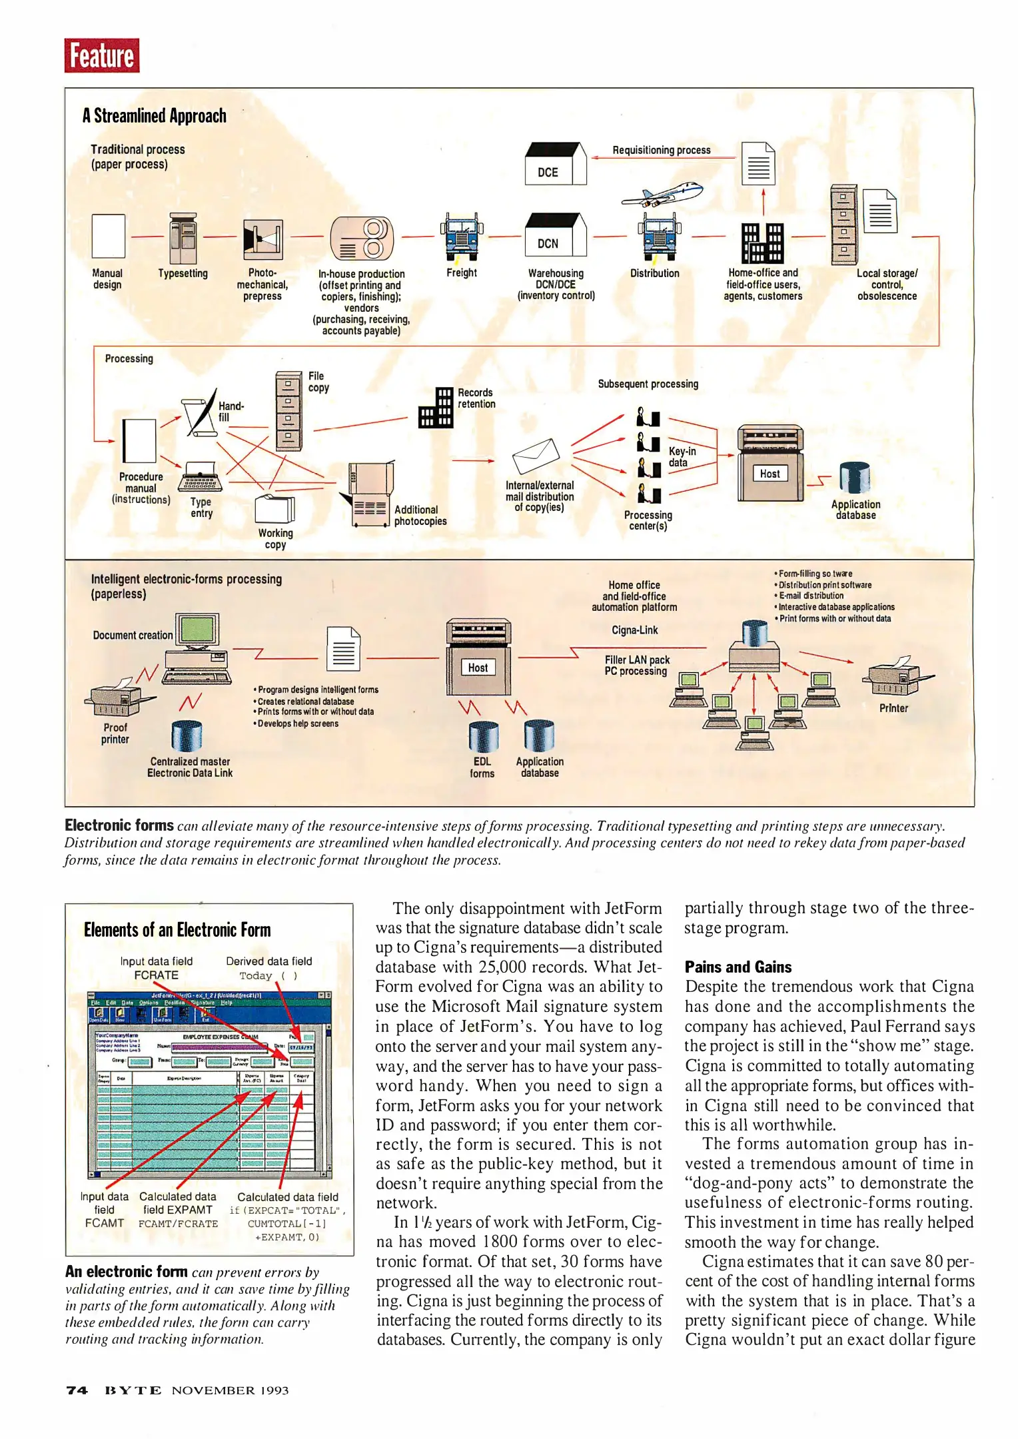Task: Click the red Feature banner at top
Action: tap(102, 55)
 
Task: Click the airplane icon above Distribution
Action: tap(662, 195)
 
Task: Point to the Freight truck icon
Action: tap(462, 237)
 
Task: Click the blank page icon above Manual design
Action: tap(108, 236)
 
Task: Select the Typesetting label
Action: tap(183, 274)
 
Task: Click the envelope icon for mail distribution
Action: tap(536, 456)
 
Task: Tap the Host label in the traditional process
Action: tap(769, 474)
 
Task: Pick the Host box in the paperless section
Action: tap(478, 668)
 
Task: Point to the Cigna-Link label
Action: tap(634, 630)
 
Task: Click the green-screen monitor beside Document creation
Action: tap(196, 630)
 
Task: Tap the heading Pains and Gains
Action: tap(738, 967)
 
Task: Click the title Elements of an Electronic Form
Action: tap(177, 930)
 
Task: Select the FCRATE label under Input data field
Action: tap(156, 975)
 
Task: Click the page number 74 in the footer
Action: tap(77, 1390)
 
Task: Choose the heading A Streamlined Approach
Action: tap(154, 116)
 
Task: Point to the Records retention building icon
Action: tap(435, 408)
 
